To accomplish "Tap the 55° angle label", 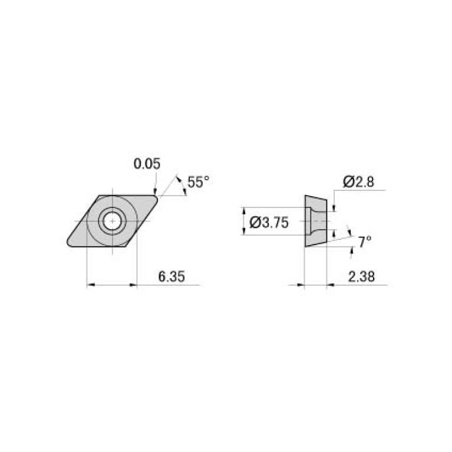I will (197, 182).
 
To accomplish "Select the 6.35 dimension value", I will (170, 276).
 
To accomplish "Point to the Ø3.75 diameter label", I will (269, 222).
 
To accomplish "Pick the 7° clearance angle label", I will (365, 241).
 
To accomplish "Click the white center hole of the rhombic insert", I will (111, 222).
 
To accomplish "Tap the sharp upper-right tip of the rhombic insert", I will (158, 197).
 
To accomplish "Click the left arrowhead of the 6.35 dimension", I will (90, 285).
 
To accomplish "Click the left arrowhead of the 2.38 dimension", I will (301, 285).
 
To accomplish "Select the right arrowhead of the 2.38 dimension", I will (331, 285).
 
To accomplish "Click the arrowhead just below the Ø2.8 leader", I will (334, 207).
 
